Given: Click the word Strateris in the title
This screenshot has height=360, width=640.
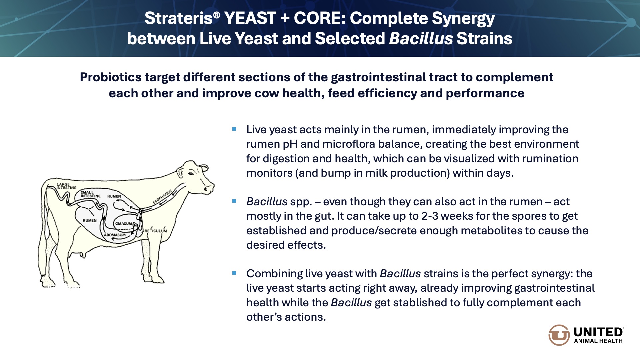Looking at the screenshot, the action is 178,18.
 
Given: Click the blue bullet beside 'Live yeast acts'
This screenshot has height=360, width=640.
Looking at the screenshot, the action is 234,129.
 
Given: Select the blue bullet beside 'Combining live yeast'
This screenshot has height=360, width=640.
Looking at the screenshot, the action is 234,273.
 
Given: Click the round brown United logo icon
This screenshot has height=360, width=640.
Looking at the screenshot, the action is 559,335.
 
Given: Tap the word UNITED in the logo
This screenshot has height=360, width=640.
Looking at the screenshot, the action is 598,332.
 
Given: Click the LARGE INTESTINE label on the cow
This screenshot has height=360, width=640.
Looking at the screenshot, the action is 66,186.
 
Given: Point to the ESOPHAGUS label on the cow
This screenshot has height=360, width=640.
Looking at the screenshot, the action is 163,197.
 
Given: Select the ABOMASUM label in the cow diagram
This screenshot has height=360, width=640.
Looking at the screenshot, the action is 115,235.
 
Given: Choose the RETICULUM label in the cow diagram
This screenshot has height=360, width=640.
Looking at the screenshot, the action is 156,231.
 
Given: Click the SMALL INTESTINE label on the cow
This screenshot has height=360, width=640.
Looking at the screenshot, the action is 90,194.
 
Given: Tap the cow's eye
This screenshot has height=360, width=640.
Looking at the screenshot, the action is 191,173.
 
